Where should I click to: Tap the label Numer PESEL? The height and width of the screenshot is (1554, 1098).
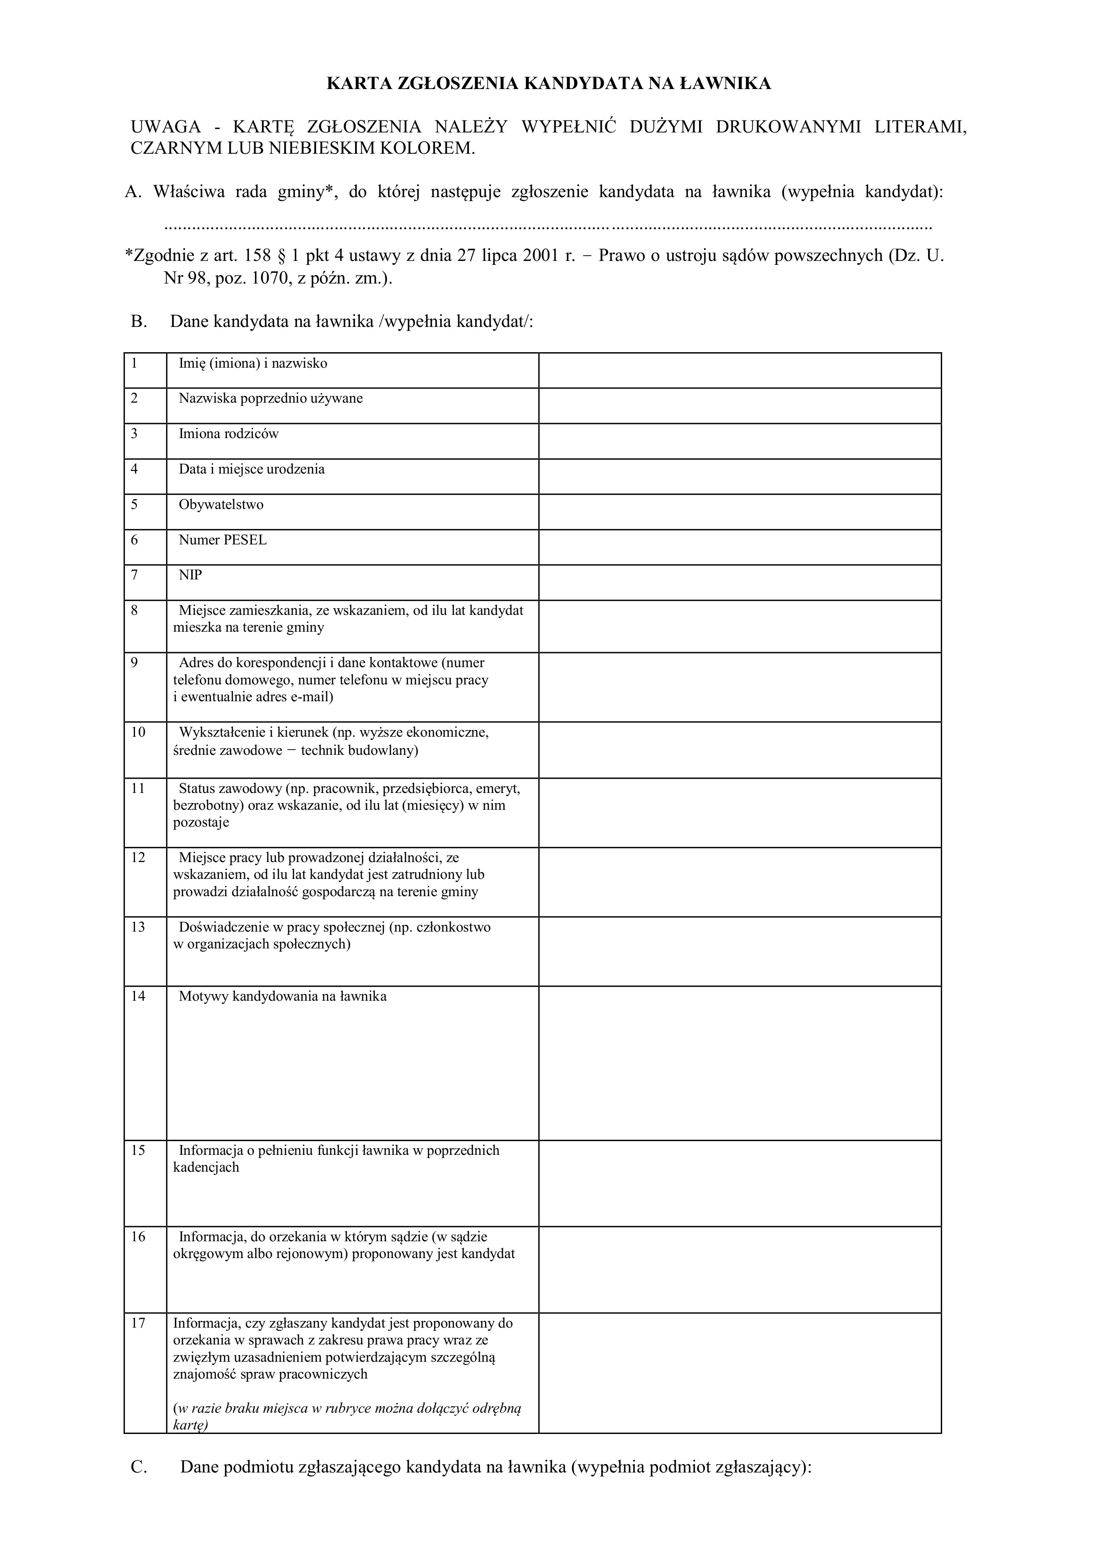(x=223, y=540)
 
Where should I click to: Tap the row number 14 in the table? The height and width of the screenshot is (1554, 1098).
(x=138, y=996)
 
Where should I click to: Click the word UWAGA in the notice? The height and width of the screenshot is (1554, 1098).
(x=166, y=127)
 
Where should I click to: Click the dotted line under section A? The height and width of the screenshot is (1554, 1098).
(x=548, y=225)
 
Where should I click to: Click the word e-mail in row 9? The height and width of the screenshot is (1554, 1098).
(x=309, y=696)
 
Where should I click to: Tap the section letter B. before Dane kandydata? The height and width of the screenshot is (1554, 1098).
(x=139, y=322)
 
